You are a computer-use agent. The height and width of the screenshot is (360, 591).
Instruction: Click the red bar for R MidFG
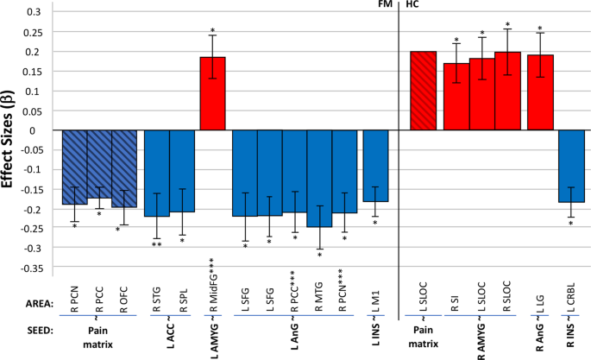click(x=212, y=93)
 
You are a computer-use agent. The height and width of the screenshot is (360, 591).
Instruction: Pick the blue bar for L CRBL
click(x=571, y=166)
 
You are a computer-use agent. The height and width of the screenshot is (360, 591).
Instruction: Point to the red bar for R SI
click(x=456, y=97)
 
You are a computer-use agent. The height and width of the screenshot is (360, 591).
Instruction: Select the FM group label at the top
click(x=385, y=5)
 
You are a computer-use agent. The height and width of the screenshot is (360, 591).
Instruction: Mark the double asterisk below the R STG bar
click(x=156, y=245)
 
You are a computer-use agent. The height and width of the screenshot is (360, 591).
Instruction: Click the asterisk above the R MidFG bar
click(x=212, y=32)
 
